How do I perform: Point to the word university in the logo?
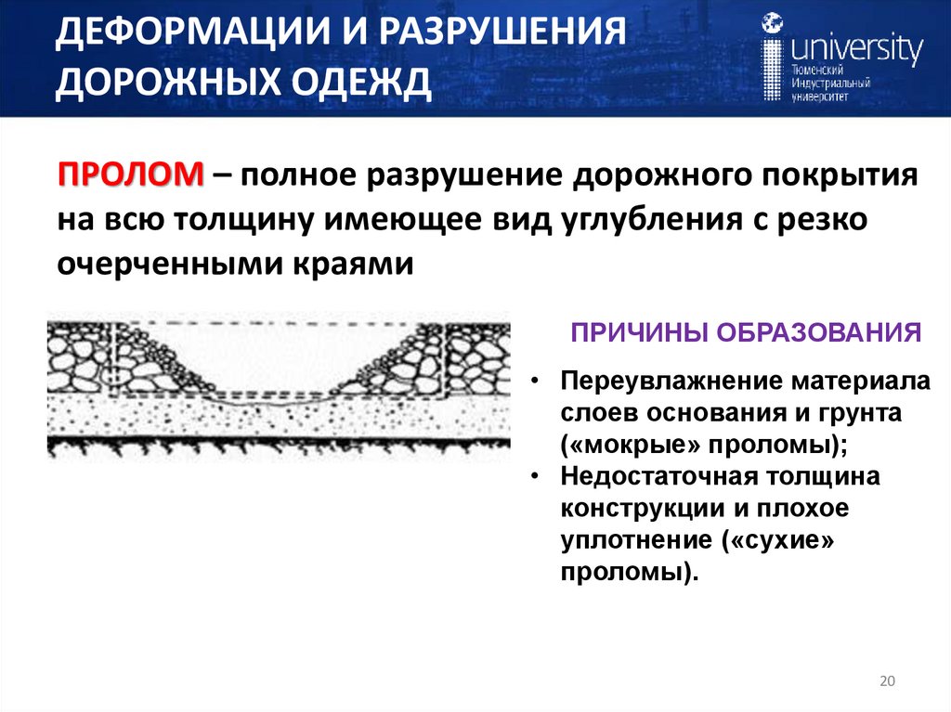(855, 47)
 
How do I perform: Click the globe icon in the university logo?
(771, 24)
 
